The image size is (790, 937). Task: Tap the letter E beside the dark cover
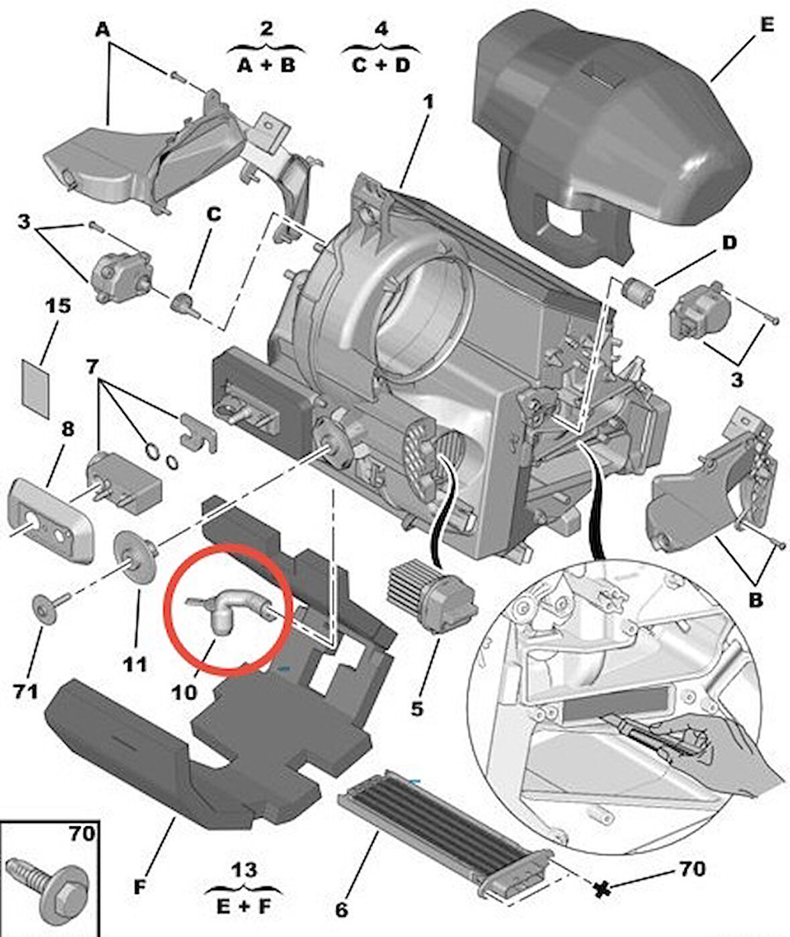[767, 25]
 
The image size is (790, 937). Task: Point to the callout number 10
[185, 691]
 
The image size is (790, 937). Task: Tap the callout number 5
[416, 707]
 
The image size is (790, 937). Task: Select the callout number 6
[341, 909]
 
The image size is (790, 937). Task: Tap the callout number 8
[68, 428]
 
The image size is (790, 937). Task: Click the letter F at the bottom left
[139, 887]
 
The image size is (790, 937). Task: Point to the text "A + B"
[266, 65]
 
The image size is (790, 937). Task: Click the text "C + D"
[381, 65]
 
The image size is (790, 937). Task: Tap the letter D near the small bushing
[729, 242]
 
